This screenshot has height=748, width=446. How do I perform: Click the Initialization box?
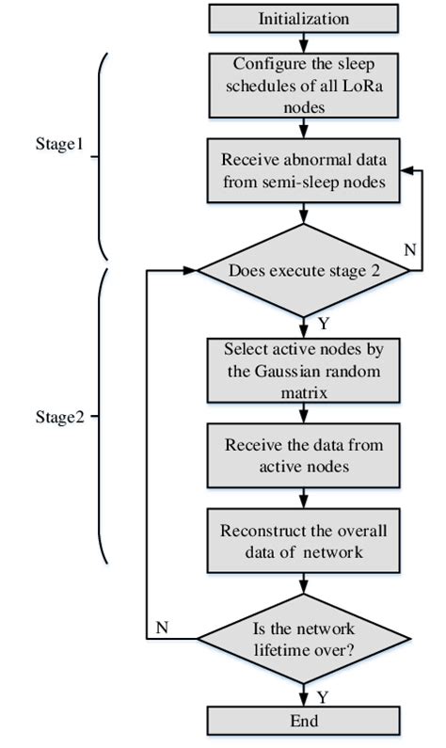[x=303, y=18]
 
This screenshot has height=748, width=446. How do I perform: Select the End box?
[x=303, y=723]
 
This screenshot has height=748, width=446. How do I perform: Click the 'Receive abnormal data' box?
[x=303, y=170]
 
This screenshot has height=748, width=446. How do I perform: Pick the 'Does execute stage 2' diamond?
[x=303, y=270]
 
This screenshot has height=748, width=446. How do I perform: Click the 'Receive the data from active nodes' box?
[x=303, y=454]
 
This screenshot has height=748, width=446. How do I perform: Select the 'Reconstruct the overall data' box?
[x=303, y=541]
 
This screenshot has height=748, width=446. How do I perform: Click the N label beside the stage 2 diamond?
[x=408, y=251]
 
